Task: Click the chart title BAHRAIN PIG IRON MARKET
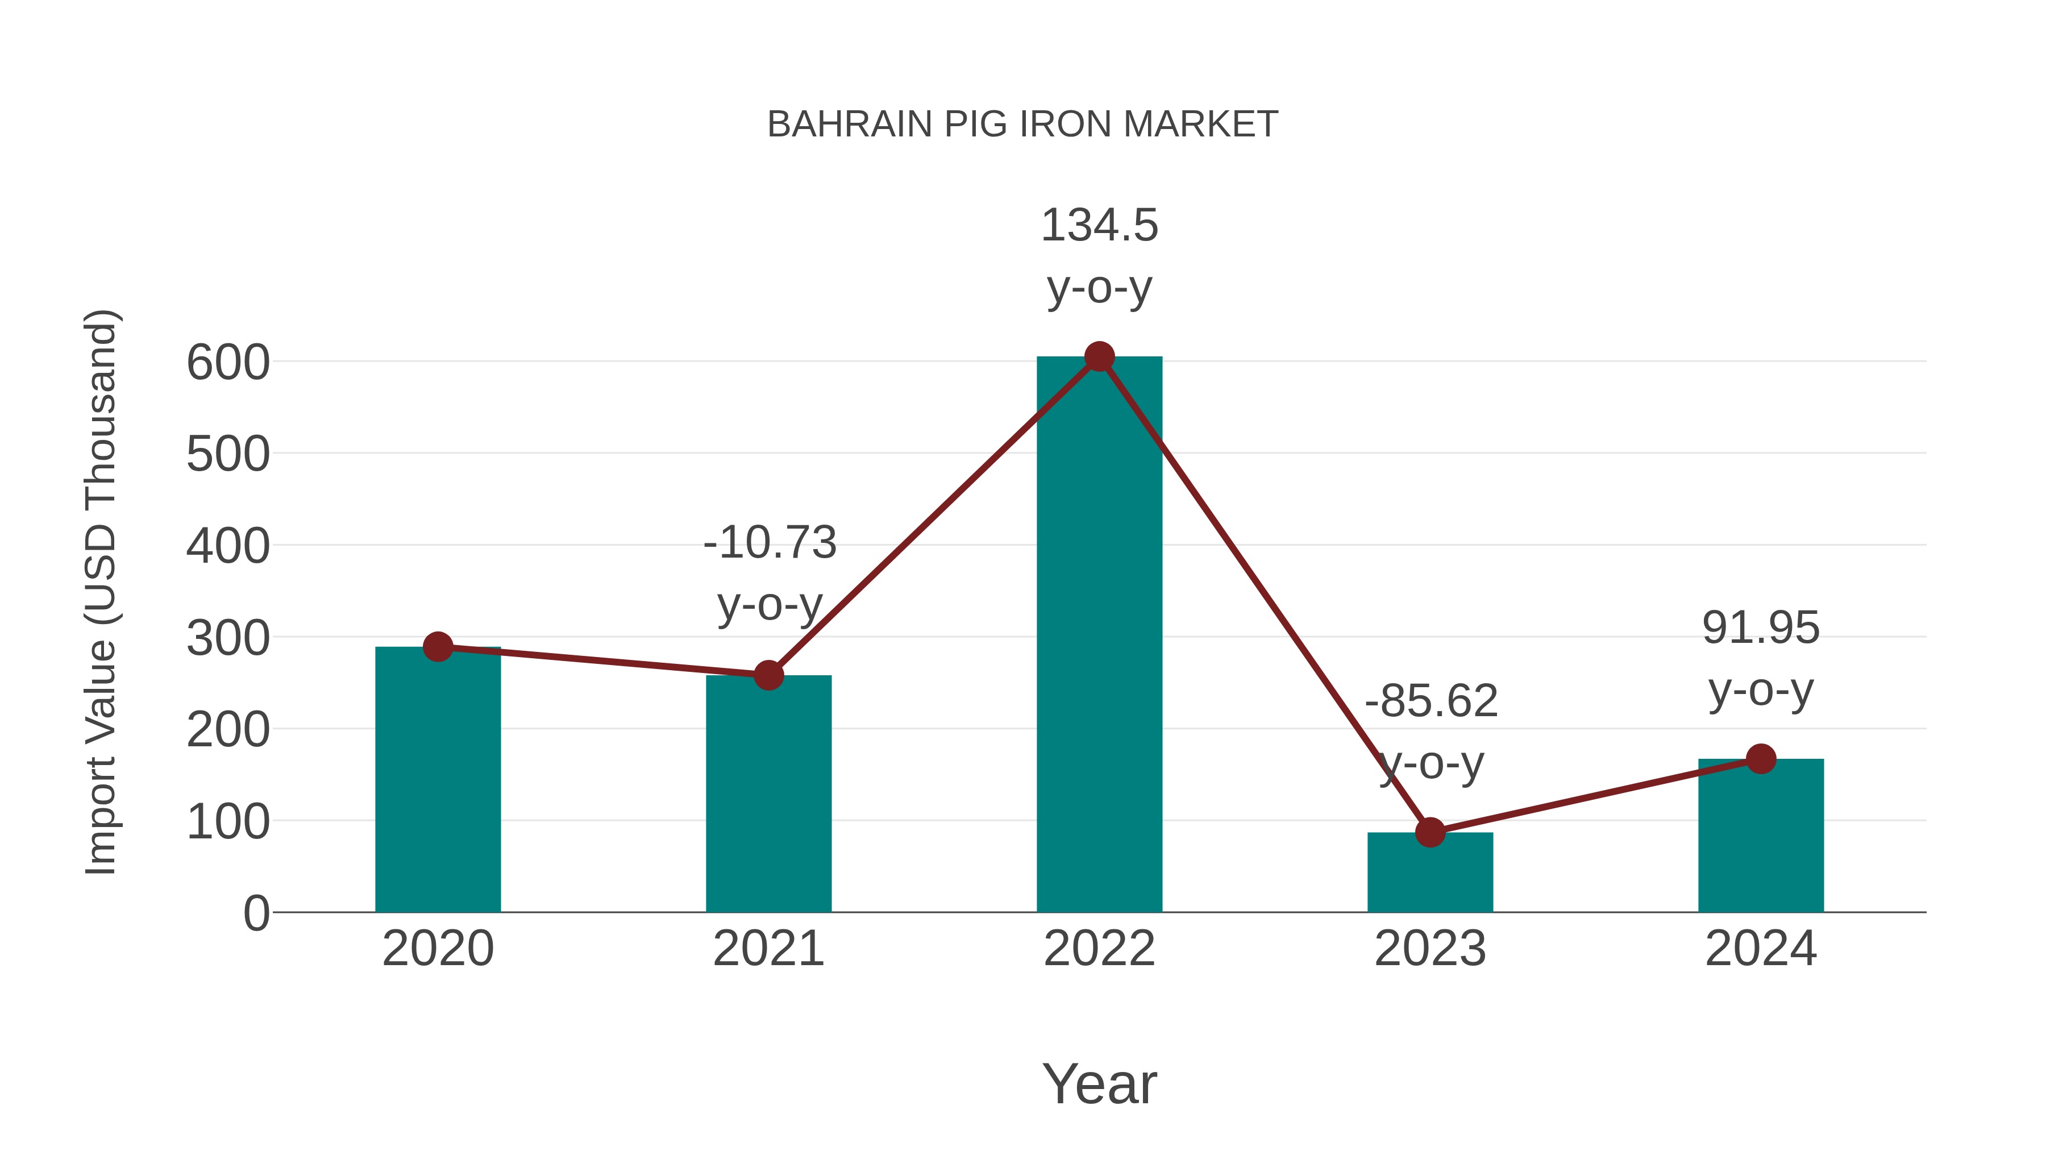click(x=1022, y=124)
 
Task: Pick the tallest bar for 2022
click(x=1099, y=635)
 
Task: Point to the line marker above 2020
click(x=438, y=647)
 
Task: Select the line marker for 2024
click(x=1760, y=759)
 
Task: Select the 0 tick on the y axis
click(x=256, y=913)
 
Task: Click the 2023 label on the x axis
click(x=1430, y=949)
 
